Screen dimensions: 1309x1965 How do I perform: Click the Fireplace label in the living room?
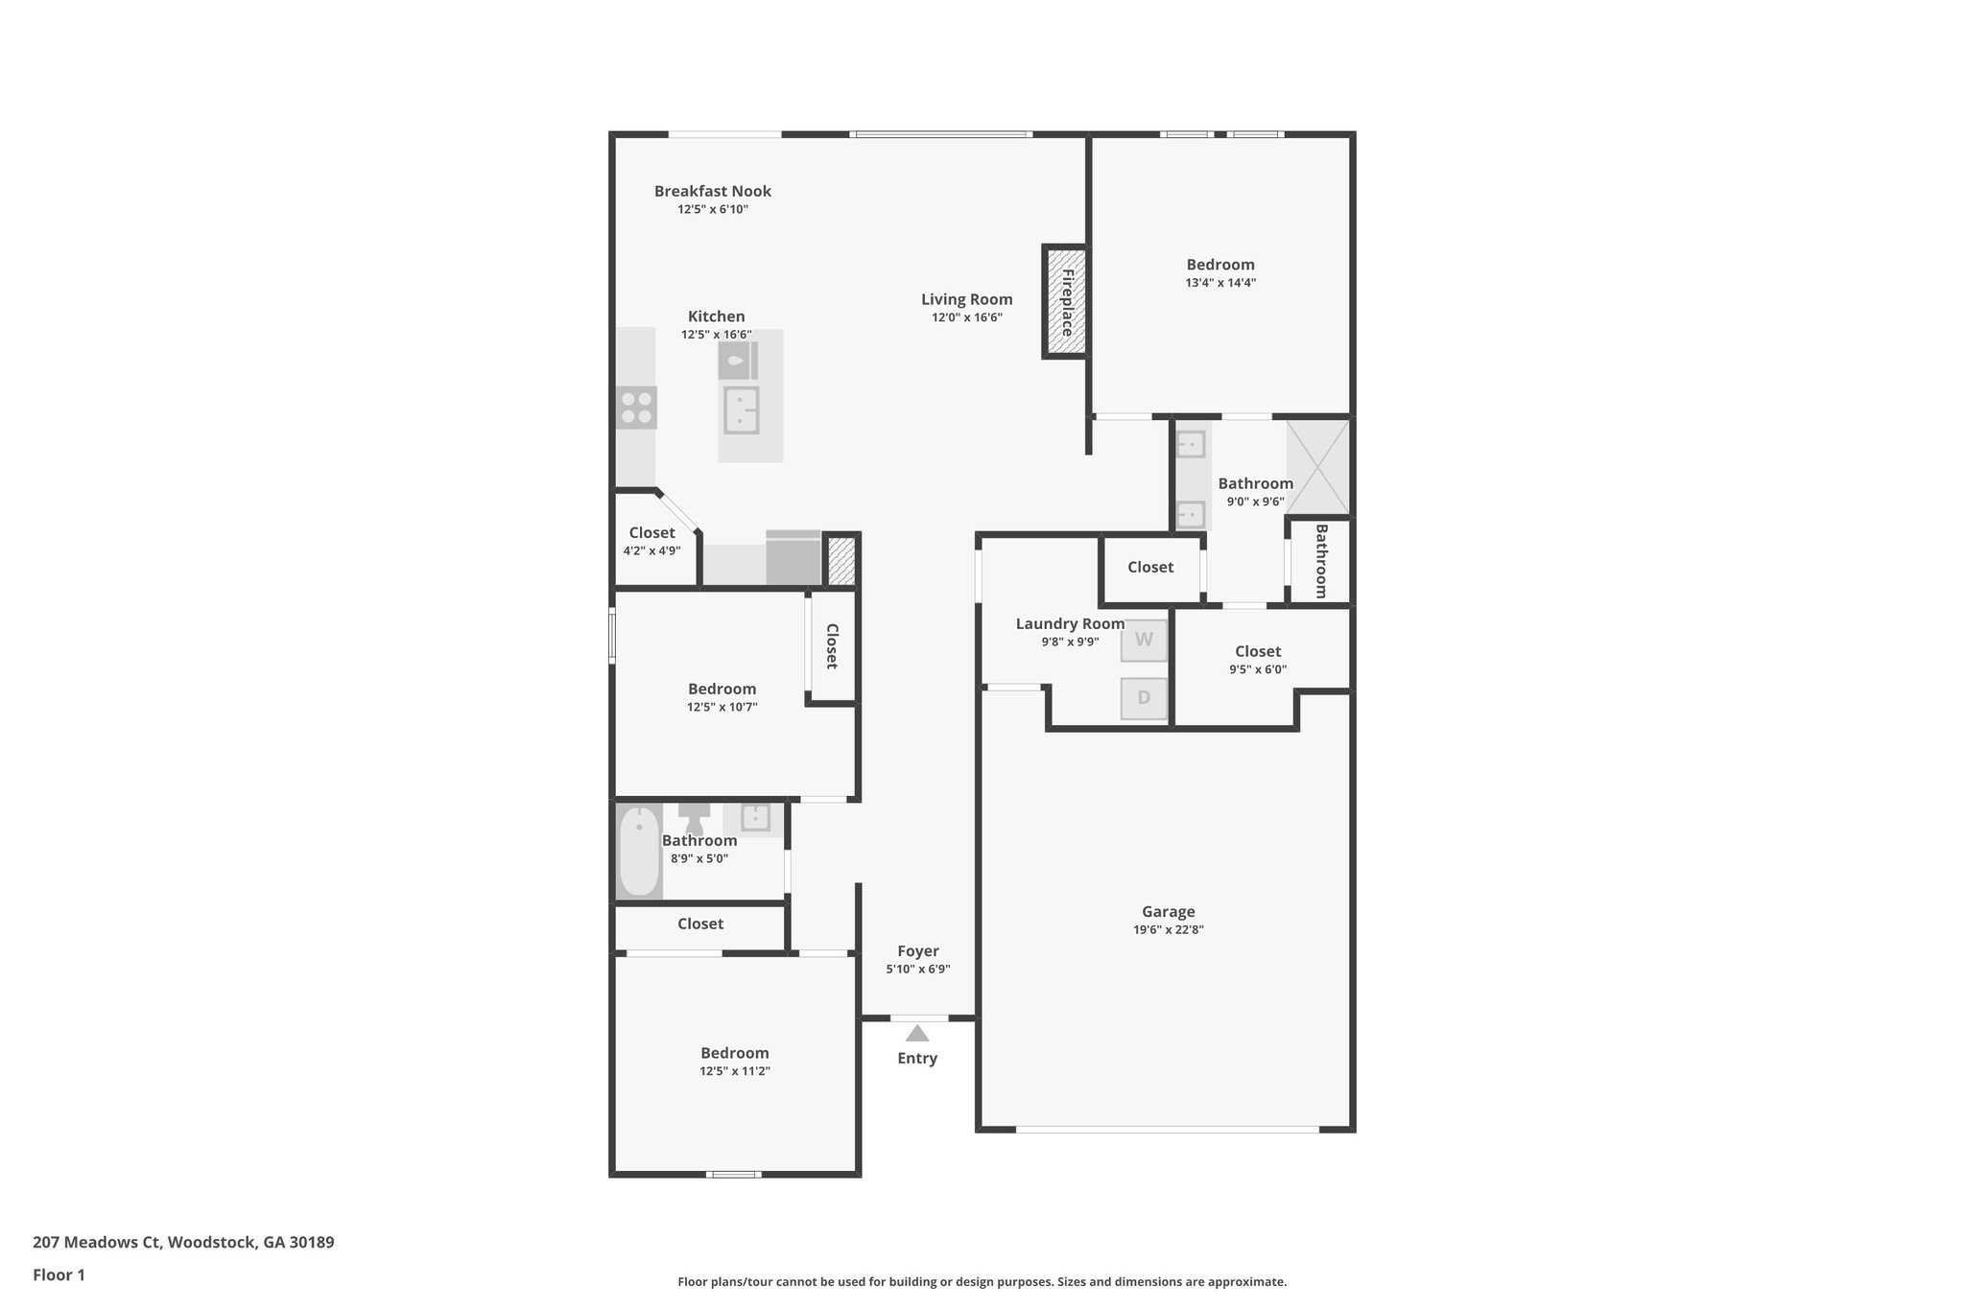1066,302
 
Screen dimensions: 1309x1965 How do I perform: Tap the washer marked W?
1144,640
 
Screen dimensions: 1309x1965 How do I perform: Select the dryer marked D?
1144,698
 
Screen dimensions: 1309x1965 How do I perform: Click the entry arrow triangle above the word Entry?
917,1033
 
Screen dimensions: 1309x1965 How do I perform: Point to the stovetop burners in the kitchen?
637,408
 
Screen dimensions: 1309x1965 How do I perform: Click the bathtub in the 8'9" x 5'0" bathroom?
639,852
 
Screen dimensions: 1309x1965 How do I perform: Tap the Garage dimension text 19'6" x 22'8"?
1168,929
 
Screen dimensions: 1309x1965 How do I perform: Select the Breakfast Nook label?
712,191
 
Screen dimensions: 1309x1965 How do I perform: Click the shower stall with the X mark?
1316,466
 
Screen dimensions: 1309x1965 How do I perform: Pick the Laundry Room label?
1070,624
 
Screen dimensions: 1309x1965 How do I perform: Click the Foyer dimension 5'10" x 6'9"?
917,970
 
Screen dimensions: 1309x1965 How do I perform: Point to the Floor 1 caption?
59,1275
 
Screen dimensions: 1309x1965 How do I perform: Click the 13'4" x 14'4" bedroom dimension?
1219,283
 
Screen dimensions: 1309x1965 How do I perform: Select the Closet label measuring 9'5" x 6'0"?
1257,652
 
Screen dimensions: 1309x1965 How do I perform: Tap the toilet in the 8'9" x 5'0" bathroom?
694,820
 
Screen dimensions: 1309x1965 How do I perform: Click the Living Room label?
966,299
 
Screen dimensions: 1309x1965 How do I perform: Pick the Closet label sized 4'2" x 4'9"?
651,533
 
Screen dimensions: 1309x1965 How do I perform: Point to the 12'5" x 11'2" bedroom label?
734,1053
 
